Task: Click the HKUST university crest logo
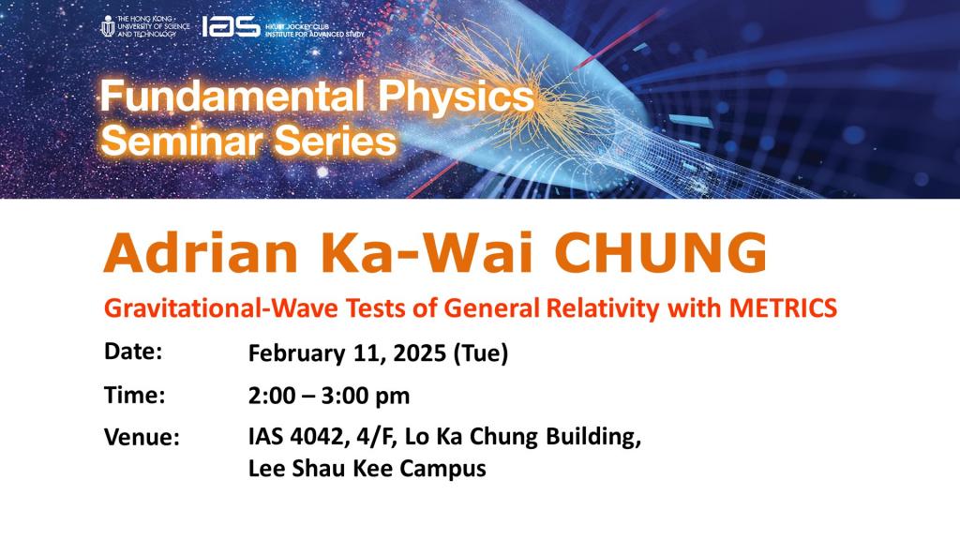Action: (108, 26)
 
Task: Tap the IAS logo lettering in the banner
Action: (231, 26)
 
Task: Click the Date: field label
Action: (133, 352)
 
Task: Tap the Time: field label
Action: (134, 395)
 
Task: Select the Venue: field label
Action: (142, 438)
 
